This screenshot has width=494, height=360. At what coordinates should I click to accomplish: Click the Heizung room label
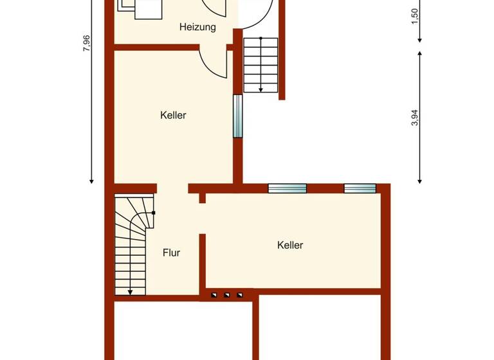click(197, 28)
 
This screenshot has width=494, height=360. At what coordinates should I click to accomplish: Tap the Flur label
click(171, 253)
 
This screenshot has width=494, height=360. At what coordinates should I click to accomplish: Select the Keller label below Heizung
click(173, 116)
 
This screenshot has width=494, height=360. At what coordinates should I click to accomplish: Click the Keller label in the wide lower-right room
click(290, 245)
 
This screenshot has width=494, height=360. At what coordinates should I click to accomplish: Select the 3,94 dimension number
click(415, 118)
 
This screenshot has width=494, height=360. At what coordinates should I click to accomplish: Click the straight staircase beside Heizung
click(261, 64)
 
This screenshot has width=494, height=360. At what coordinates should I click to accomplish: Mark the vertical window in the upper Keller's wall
click(237, 116)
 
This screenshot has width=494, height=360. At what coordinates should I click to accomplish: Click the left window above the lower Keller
click(287, 188)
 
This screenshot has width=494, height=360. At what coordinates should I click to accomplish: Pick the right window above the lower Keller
click(360, 188)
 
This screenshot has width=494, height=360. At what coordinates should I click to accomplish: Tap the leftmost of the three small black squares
click(214, 296)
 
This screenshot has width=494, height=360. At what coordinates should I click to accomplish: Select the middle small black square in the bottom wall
click(226, 296)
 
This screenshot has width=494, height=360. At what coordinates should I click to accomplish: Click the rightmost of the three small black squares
click(239, 296)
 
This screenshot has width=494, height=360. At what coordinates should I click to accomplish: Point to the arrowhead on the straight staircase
click(261, 89)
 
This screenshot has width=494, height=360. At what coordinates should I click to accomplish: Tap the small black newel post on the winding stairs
click(153, 212)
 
